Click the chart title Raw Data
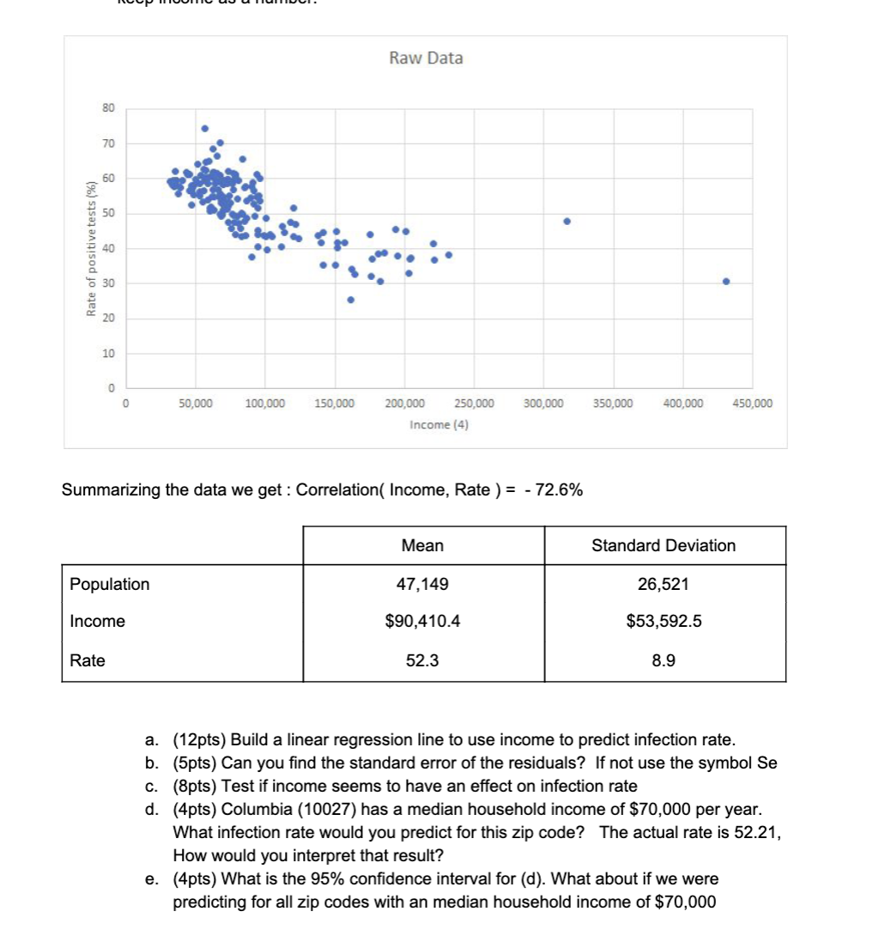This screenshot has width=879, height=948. (426, 58)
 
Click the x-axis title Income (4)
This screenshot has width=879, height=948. (438, 424)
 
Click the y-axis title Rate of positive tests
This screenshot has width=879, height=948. (90, 249)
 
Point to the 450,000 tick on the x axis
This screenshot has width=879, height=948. (751, 403)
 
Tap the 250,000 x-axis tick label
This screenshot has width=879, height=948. (474, 403)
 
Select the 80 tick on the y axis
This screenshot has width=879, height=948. (107, 108)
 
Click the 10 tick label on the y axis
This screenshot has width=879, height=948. (107, 354)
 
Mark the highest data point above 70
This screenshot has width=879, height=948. (205, 129)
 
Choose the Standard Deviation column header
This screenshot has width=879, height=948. (664, 545)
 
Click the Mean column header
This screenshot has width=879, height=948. (423, 545)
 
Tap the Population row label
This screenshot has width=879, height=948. (110, 584)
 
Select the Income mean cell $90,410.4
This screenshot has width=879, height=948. (423, 621)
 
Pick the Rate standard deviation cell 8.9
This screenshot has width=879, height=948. (664, 660)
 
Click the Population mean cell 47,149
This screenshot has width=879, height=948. (423, 584)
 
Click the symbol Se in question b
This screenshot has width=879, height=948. (766, 763)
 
